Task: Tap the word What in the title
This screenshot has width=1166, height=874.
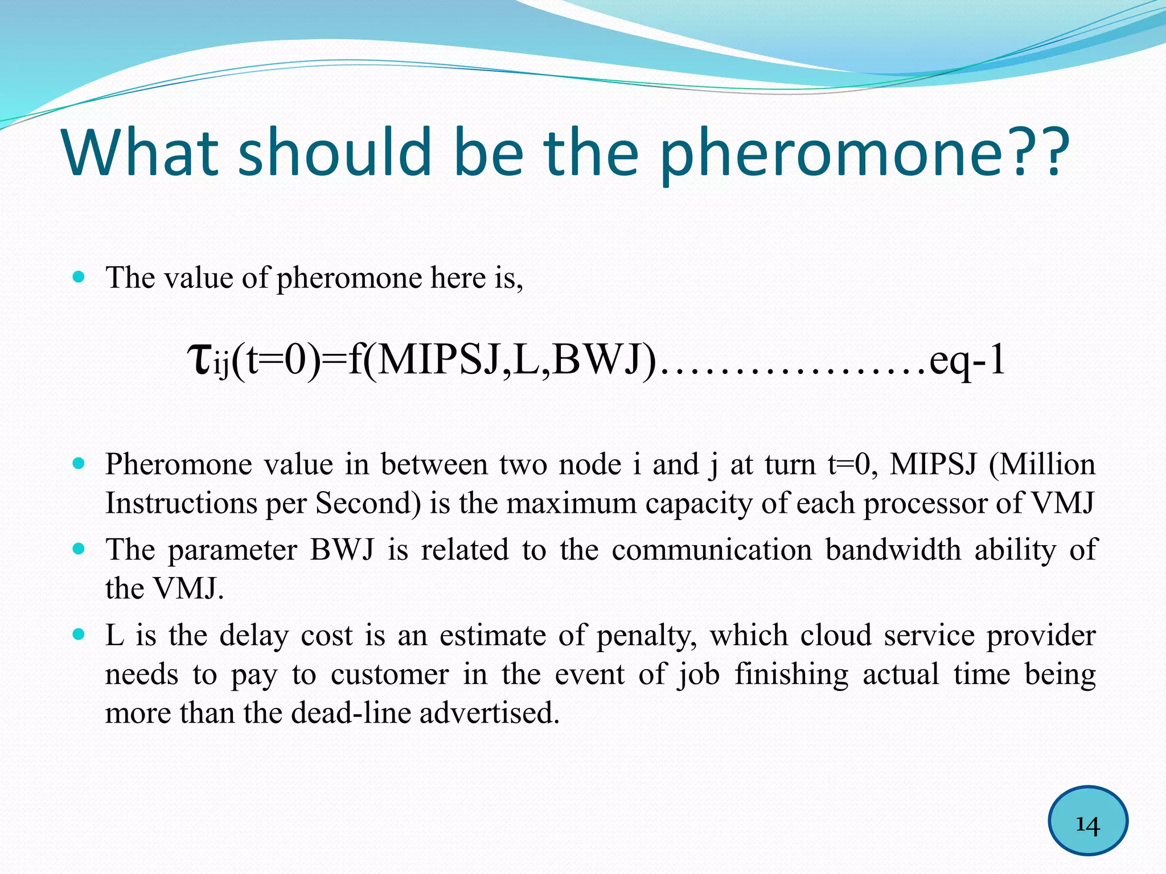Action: [x=140, y=152]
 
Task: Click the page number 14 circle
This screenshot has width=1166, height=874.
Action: [x=1087, y=821]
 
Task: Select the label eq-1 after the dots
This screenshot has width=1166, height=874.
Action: [x=967, y=361]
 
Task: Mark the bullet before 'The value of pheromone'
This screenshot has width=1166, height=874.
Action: [x=79, y=277]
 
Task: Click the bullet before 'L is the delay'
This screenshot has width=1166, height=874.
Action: [x=79, y=634]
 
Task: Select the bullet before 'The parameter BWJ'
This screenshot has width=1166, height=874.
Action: [x=79, y=549]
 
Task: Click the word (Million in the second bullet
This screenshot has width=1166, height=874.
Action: [x=1041, y=464]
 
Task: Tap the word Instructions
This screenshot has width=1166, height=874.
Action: [x=181, y=504]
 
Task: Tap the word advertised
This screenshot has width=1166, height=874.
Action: [x=490, y=713]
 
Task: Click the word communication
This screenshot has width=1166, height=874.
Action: [x=712, y=550]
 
